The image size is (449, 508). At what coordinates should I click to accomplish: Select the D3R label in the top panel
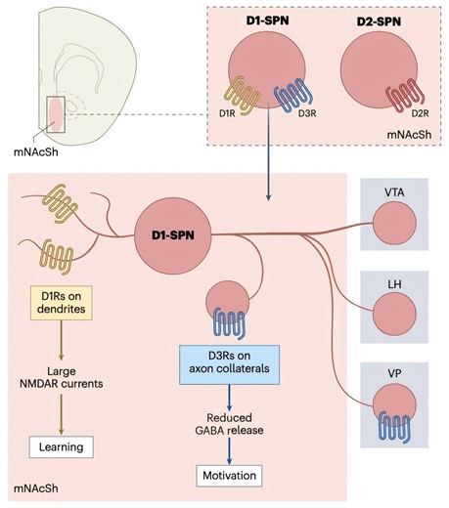coord(304,126)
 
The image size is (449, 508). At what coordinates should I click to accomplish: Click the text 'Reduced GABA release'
coord(232,422)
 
